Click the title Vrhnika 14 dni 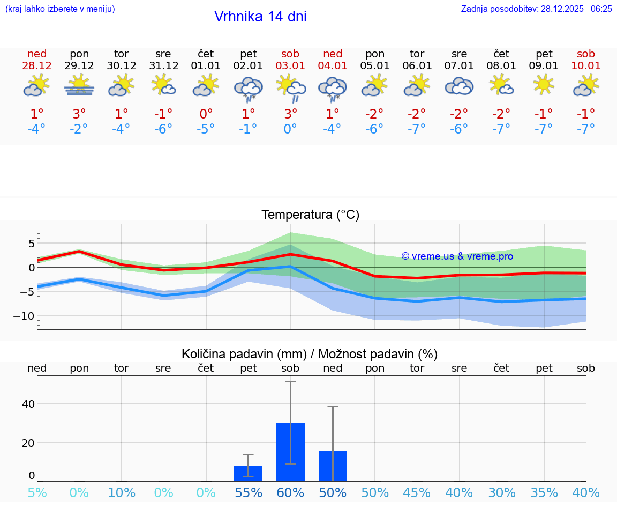coord(260,17)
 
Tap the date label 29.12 coord(79,66)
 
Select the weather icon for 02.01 coord(248,88)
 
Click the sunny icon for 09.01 coord(544,85)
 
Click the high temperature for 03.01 coord(290,114)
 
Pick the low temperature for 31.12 coord(163,129)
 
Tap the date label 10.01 coord(585,66)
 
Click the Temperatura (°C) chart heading coord(310,215)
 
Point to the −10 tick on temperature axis coord(24,316)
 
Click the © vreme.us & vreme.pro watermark coord(457,256)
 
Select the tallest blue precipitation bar coord(290,452)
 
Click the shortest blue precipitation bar coord(248,473)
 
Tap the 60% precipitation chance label coord(290,493)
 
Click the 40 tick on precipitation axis coord(28,404)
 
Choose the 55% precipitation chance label coord(248,493)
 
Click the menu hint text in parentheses coord(59,9)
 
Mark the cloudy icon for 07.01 coord(459,86)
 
